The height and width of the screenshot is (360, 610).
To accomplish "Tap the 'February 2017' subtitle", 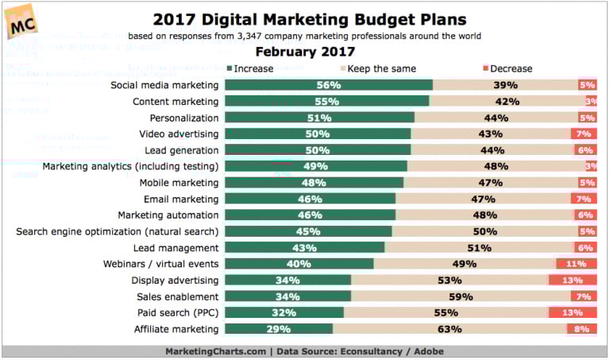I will [x=304, y=52].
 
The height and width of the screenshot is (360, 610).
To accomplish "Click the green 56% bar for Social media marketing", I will [x=328, y=85].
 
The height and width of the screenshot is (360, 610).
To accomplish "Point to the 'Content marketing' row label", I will [x=175, y=102].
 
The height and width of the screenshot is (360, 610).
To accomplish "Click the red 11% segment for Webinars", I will [x=576, y=263].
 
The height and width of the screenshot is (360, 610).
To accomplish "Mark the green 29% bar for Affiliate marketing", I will [x=279, y=328].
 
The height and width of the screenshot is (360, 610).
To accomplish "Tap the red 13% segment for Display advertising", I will [x=573, y=280].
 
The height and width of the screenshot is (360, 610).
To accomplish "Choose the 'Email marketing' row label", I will [x=180, y=199].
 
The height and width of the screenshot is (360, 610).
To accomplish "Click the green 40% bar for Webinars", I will [x=299, y=263].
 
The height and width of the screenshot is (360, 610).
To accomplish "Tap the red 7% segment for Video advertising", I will [x=584, y=134].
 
